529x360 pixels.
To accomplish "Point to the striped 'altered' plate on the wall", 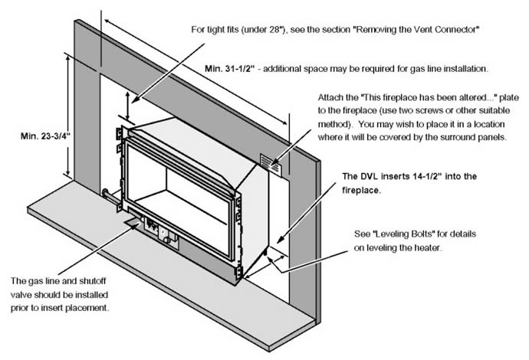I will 271,163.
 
